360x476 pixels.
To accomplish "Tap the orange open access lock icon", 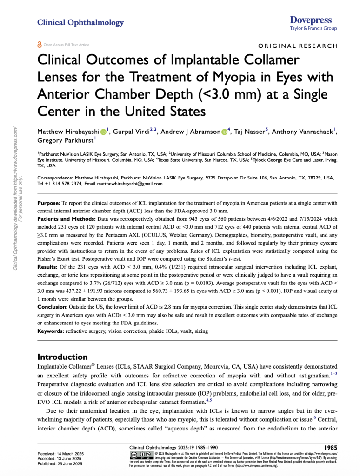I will [x=39, y=45].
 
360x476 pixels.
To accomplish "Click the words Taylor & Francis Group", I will [x=313, y=28].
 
